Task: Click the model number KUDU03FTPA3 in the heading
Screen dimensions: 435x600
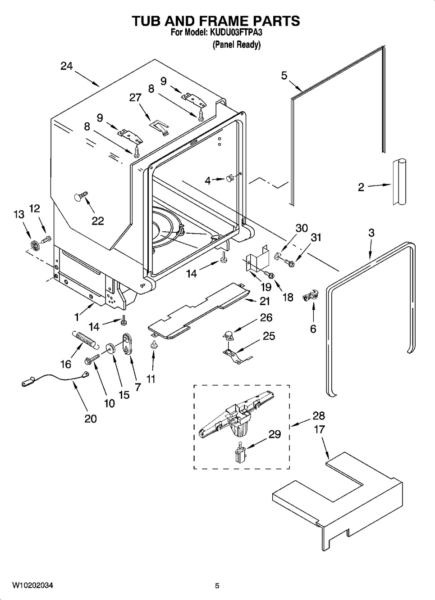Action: point(236,33)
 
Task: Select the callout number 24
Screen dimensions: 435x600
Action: point(67,66)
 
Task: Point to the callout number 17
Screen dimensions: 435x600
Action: point(319,429)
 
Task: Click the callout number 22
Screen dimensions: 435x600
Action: point(98,221)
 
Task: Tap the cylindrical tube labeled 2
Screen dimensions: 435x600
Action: point(399,182)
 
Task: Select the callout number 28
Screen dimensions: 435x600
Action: point(319,415)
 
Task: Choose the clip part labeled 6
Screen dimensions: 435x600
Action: point(310,297)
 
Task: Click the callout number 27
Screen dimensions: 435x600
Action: point(135,98)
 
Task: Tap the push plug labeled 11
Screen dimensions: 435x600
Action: point(154,344)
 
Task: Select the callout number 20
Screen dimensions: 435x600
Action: point(90,419)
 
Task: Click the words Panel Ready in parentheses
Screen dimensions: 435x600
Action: point(236,45)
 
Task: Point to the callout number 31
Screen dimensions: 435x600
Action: point(316,237)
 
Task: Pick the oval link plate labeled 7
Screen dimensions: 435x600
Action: point(128,344)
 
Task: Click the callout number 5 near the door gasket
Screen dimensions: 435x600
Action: point(284,76)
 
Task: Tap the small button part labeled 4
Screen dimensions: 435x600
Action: point(230,178)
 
